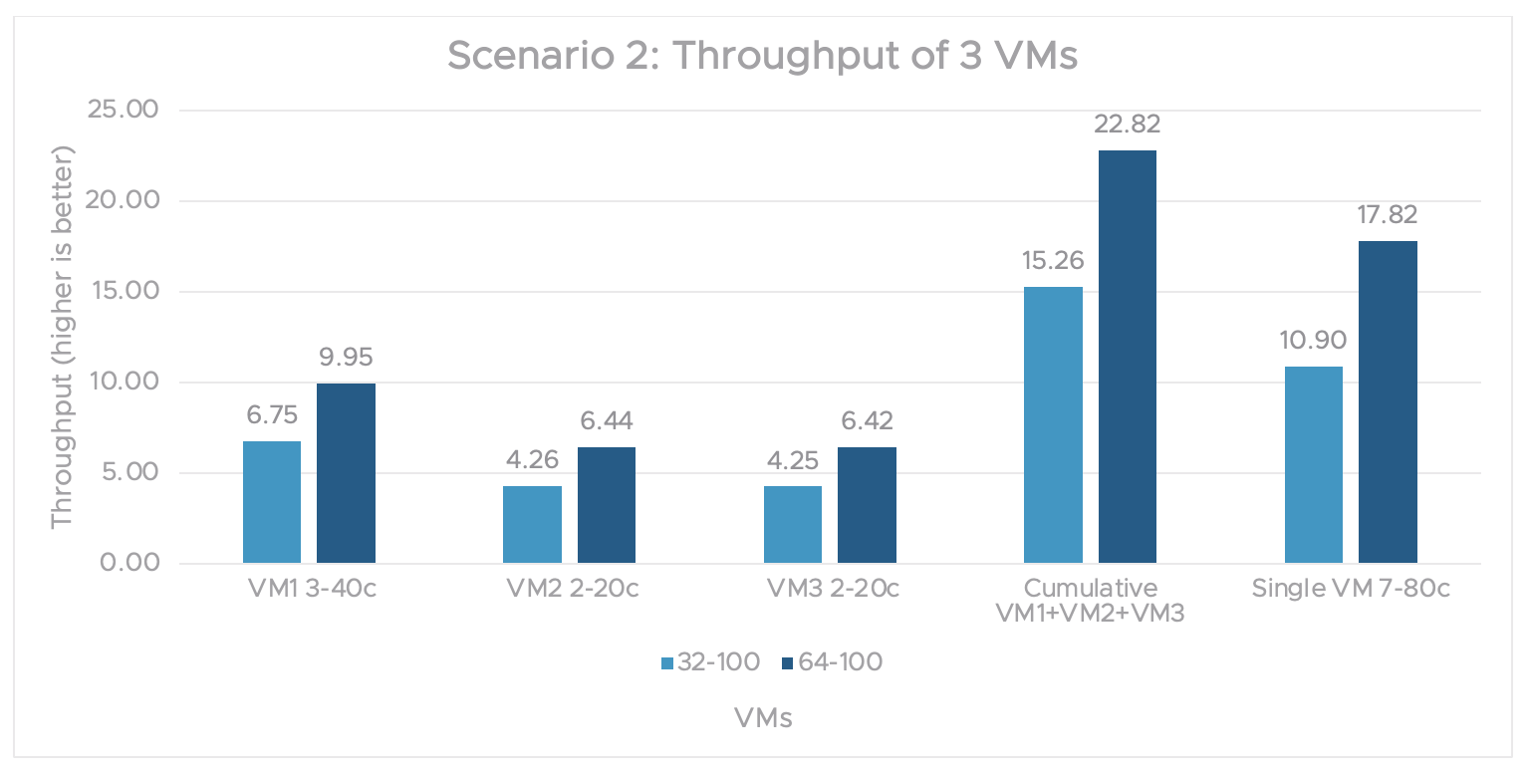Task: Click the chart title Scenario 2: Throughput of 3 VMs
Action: (x=762, y=56)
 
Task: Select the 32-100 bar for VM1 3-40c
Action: (x=272, y=502)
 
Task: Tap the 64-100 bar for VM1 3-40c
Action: (x=346, y=473)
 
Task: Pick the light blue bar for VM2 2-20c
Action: (x=532, y=525)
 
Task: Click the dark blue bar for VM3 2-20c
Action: (x=867, y=505)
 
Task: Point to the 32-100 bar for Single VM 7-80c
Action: (x=1314, y=464)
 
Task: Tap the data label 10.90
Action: (x=1314, y=341)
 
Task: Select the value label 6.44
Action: (x=607, y=421)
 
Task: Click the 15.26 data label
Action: (x=1053, y=261)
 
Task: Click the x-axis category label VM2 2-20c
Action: (x=569, y=589)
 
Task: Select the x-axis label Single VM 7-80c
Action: (x=1351, y=589)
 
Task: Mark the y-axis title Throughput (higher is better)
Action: (x=62, y=337)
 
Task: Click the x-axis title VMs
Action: (x=763, y=718)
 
